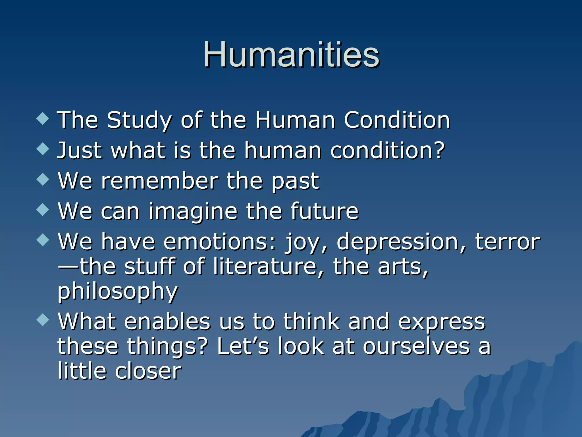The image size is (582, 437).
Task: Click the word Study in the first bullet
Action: (x=139, y=120)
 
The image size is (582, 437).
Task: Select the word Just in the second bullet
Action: (x=80, y=151)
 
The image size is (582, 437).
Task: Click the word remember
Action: (x=160, y=181)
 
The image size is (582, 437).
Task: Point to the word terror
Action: (x=508, y=242)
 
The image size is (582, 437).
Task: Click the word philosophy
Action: (x=118, y=292)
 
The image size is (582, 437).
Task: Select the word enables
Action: (x=167, y=322)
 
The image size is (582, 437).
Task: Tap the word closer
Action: (x=148, y=371)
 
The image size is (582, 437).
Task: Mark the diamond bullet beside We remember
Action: (x=43, y=179)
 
